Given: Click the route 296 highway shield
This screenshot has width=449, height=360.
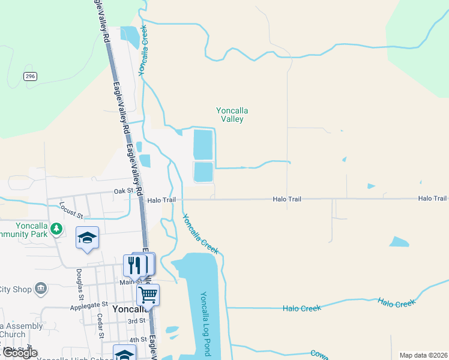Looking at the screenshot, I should coord(31,76).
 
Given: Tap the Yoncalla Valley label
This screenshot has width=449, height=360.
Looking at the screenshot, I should coord(232,115).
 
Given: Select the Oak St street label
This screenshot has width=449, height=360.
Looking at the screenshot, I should coord(123,191).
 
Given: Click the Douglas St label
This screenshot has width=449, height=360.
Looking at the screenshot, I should coord(79,279).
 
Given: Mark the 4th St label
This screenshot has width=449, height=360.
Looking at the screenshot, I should coord(139,340).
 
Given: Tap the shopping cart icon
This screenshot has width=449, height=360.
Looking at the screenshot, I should coord(148,295).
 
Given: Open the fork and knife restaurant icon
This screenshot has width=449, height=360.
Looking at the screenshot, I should coord(135,265).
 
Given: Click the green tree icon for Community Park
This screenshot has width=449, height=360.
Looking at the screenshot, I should coord(56,229).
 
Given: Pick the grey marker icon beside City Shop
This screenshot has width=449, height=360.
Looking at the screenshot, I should coord(41,289).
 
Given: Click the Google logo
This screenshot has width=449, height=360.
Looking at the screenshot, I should coord(19,353).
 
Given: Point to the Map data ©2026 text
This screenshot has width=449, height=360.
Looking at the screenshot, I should coord(423,355).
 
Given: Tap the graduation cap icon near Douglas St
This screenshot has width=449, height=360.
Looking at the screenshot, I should coord(87,238).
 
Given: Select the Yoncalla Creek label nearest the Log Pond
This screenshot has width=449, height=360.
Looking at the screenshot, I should coord(201,234).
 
